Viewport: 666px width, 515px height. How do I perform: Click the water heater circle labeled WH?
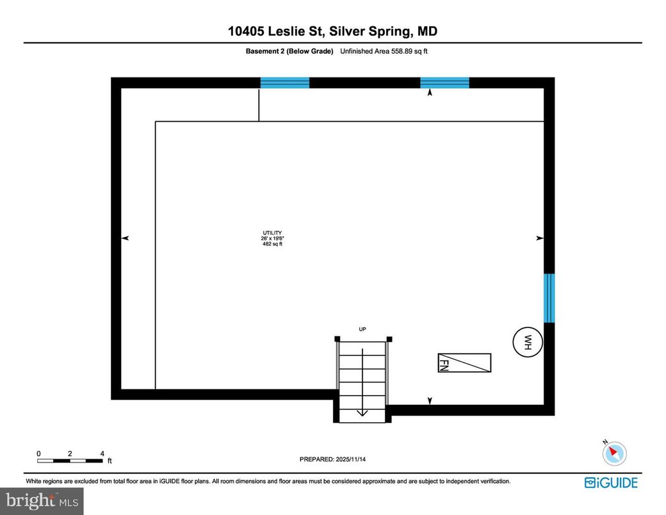528,341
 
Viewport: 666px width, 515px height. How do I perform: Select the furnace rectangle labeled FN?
464,363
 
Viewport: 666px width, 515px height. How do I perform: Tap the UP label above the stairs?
362,329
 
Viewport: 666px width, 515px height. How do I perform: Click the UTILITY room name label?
272,233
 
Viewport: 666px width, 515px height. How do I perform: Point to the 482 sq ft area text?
272,244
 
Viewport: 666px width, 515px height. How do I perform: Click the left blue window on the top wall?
284,83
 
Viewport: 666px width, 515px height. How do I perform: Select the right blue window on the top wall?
444,83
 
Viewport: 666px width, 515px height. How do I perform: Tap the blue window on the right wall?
549,298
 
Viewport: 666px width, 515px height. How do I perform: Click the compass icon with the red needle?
614,453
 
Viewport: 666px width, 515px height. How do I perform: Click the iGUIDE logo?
611,482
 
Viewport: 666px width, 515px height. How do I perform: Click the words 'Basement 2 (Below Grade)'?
289,52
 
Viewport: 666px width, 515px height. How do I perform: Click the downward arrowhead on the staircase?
362,413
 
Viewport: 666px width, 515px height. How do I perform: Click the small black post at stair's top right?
389,339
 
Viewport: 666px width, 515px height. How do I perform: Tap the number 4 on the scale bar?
102,454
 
